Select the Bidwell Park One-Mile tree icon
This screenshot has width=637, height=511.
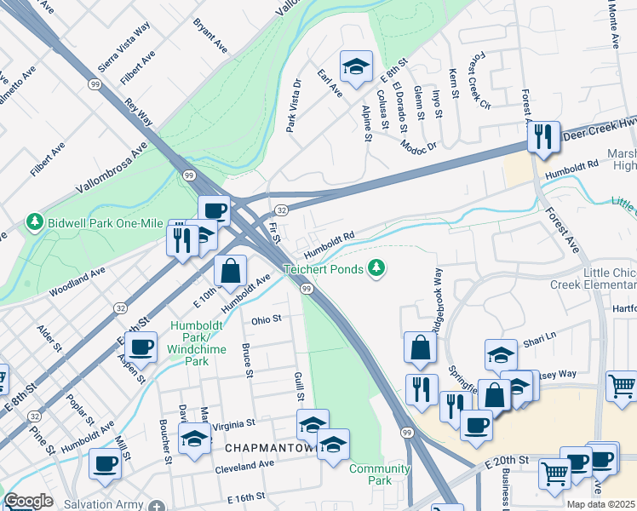(34, 222)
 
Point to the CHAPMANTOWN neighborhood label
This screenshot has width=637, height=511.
(263, 447)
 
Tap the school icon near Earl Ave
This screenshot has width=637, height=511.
(356, 65)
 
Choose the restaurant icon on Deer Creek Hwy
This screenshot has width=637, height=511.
(542, 135)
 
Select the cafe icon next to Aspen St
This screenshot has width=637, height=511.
(141, 347)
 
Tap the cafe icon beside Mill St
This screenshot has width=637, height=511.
(106, 463)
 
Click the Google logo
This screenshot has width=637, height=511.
(28, 501)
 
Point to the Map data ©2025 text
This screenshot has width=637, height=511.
(600, 504)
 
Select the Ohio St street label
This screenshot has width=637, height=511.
(266, 320)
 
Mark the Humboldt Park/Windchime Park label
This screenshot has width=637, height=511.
(201, 344)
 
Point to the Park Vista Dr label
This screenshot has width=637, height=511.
(294, 106)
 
